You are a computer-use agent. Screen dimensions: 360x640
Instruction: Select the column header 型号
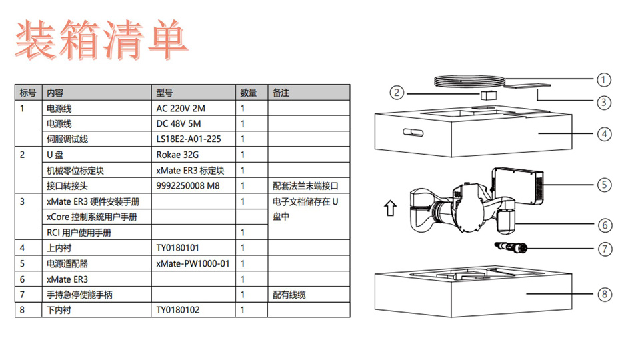(x=165, y=93)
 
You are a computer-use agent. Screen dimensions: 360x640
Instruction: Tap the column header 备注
(x=281, y=93)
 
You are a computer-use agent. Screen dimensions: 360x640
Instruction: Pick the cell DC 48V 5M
(x=177, y=124)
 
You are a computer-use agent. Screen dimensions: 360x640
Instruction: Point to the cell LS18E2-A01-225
(x=188, y=139)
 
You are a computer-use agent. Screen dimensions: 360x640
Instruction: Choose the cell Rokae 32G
(x=176, y=155)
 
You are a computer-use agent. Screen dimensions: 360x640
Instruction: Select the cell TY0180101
(x=178, y=248)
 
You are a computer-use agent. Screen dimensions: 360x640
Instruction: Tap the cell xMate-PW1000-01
(x=193, y=263)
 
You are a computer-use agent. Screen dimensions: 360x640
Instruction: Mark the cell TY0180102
(x=178, y=310)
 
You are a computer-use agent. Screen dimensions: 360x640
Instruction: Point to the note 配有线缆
(x=289, y=295)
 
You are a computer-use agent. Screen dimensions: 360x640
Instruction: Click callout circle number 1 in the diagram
(x=603, y=80)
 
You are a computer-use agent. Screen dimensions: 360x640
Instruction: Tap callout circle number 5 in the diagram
(x=603, y=184)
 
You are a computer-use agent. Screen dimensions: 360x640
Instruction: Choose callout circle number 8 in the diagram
(x=603, y=294)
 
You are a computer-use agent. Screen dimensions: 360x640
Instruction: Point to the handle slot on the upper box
(x=413, y=131)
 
